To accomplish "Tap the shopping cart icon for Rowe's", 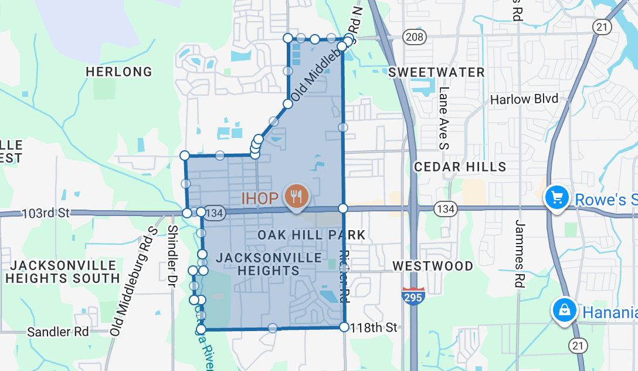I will click(557, 197).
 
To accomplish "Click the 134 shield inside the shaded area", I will click(215, 213).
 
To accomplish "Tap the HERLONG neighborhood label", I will click(119, 72).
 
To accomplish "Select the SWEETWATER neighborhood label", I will click(437, 72).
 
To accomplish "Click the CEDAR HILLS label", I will click(460, 167).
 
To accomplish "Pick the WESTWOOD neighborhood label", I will click(433, 266).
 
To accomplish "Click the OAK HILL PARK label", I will click(311, 235).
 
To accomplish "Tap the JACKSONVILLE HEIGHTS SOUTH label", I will click(63, 272).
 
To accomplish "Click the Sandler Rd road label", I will click(58, 332).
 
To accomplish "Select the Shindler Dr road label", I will click(172, 256).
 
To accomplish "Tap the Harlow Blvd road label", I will click(524, 99).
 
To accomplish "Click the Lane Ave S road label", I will click(444, 117).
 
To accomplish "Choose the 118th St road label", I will click(374, 327).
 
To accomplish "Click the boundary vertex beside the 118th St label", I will click(344, 327).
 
